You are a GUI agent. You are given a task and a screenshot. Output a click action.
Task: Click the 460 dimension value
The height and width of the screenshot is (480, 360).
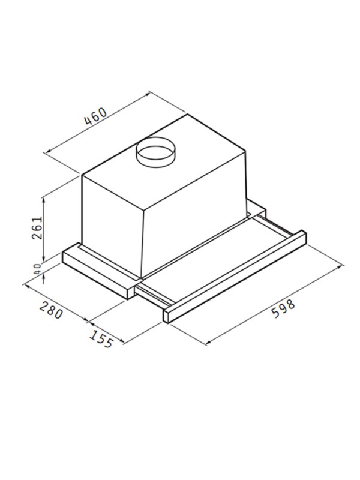pyautogui.click(x=94, y=116)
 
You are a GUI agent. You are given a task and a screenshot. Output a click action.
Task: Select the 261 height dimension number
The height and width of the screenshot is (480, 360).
pyautogui.click(x=37, y=227)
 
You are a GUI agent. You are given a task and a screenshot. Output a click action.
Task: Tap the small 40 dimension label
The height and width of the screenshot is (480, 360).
pyautogui.click(x=37, y=269)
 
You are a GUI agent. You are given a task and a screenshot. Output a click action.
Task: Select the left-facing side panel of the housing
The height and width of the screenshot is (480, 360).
pyautogui.click(x=111, y=222)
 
